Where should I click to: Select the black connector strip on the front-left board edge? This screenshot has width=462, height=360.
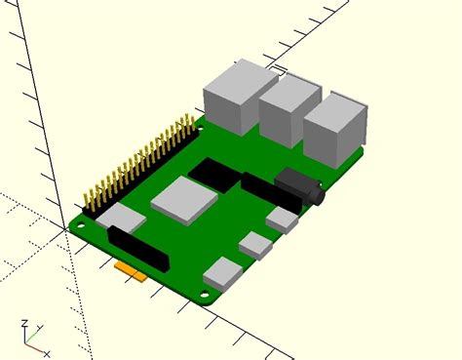[x=137, y=250]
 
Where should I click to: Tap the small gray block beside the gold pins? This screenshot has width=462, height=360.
[x=119, y=220]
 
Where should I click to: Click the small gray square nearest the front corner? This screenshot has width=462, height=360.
[x=223, y=272]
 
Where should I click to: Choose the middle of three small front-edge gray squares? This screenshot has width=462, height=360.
[x=255, y=245]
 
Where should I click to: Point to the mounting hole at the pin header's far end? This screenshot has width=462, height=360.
[x=203, y=124]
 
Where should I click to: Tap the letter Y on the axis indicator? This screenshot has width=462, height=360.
[x=39, y=328]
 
